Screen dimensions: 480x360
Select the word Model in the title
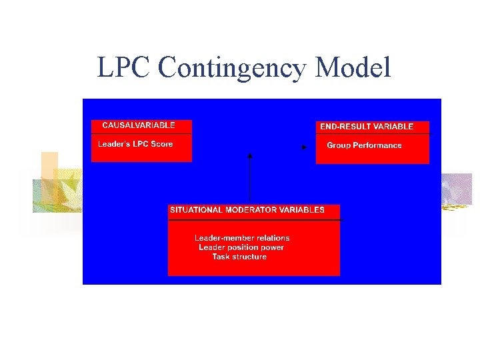click(x=353, y=67)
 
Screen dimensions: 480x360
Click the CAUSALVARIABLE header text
click(x=139, y=125)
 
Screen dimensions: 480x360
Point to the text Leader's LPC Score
click(x=135, y=144)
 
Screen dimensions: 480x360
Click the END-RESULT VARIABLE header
click(x=367, y=127)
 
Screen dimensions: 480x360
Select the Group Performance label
click(x=364, y=145)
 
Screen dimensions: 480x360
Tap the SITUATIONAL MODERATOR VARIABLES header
click(x=247, y=210)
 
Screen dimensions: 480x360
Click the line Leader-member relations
click(x=242, y=238)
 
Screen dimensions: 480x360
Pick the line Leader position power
click(x=241, y=247)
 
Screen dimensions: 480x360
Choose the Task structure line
click(x=239, y=257)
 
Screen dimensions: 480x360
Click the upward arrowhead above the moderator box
click(x=250, y=155)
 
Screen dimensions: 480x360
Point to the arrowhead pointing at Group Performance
click(x=304, y=147)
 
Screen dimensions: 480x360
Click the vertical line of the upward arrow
click(x=250, y=180)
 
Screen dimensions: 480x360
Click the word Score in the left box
click(x=162, y=144)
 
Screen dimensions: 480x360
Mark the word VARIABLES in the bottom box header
click(x=303, y=210)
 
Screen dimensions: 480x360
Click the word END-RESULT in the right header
click(x=342, y=127)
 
